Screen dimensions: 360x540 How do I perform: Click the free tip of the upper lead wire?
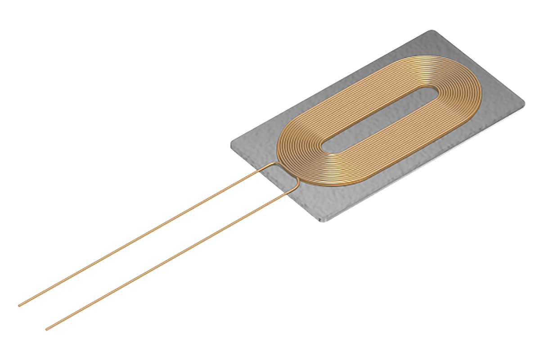(19, 306)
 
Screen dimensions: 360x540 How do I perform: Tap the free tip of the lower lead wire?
(46, 329)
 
